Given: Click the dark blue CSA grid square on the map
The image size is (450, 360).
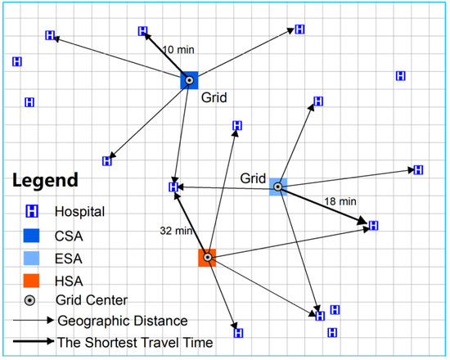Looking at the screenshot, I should pos(190,80).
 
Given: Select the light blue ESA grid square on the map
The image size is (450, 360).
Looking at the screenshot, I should pos(278,187).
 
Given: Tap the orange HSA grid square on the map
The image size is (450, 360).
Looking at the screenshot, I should pos(207,258).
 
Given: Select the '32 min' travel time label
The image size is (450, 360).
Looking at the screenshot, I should pos(174,232).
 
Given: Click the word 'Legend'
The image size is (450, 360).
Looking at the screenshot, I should pos(44,179).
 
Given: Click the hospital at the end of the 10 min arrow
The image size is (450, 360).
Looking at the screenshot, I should pos(144,32).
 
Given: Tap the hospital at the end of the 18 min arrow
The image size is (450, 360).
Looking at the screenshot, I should pos(374,225).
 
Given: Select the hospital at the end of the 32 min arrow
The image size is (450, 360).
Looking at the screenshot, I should pos(173,187).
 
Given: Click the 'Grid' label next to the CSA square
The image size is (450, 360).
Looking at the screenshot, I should pos(214,97).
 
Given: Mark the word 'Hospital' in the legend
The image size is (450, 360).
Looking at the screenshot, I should pos(79,211).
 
